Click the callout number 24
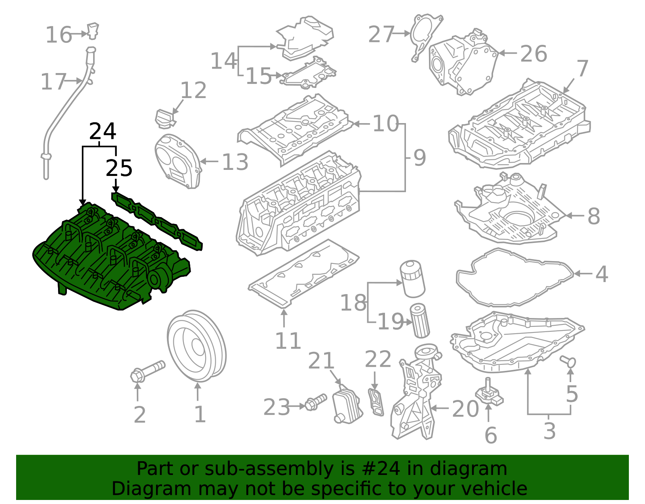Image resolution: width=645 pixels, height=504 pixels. pyautogui.click(x=102, y=131)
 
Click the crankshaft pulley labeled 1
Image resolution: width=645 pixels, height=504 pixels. pyautogui.click(x=196, y=346)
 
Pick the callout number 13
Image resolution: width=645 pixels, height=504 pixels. pyautogui.click(x=235, y=162)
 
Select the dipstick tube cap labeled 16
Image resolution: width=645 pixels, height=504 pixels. pyautogui.click(x=93, y=31)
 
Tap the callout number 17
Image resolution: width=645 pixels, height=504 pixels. pyautogui.click(x=53, y=82)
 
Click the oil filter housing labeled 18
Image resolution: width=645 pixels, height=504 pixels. pyautogui.click(x=413, y=278)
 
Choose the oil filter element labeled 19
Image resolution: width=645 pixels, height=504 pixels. pyautogui.click(x=420, y=321)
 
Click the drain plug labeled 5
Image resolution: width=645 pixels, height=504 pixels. pyautogui.click(x=569, y=362)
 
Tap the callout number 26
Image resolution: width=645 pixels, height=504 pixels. pyautogui.click(x=534, y=53)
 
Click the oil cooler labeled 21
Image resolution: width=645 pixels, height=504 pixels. pyautogui.click(x=347, y=406)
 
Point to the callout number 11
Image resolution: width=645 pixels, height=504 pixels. pyautogui.click(x=288, y=341)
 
